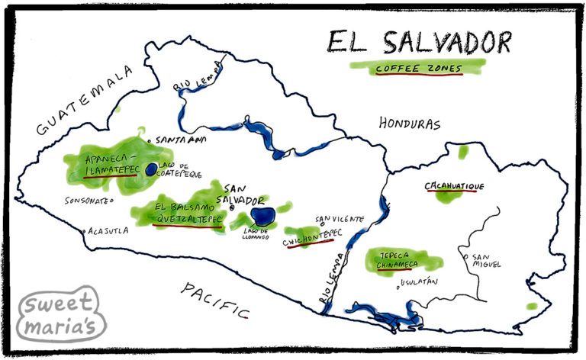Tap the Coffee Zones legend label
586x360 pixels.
(x=418, y=69)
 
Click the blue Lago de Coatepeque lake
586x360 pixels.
(x=152, y=169)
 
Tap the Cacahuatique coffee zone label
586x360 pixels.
(x=454, y=186)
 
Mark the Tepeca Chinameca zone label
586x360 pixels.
(x=397, y=259)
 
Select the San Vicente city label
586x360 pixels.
(x=339, y=220)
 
